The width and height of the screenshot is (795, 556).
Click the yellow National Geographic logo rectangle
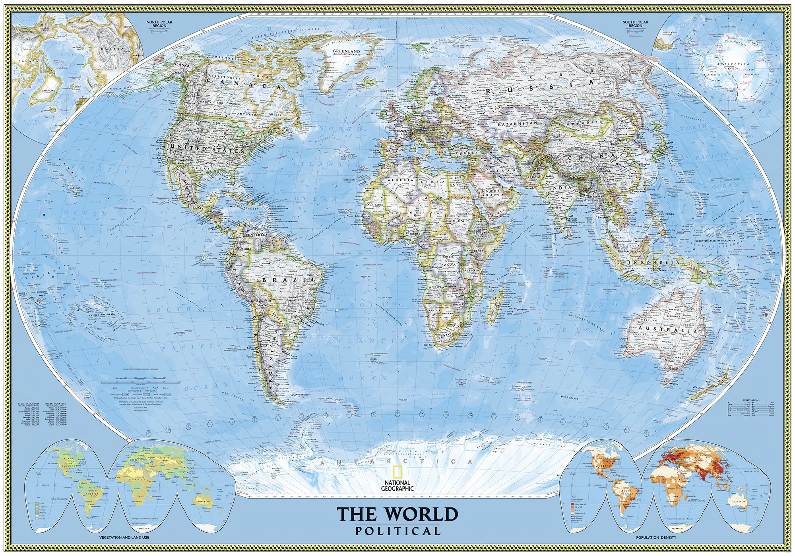point(397,472)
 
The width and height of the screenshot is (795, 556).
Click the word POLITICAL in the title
point(398,531)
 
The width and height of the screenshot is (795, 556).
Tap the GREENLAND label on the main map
point(346,51)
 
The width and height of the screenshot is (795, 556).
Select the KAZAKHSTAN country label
point(517,124)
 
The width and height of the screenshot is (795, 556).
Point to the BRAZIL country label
point(289,280)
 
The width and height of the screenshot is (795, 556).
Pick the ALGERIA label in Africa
point(401,180)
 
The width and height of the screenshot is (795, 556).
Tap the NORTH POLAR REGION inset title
point(159,24)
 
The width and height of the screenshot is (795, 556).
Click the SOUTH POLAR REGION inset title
point(635,24)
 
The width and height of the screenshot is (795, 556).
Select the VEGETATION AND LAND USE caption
point(124,537)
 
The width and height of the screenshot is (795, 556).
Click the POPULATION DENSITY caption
point(656,537)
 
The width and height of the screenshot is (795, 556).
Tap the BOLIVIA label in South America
point(264,300)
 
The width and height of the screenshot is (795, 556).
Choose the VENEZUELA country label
point(256,235)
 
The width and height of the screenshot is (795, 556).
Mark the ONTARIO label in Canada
point(246,114)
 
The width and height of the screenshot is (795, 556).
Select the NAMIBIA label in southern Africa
point(434,310)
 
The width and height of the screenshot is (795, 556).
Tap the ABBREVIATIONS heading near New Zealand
point(751,400)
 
